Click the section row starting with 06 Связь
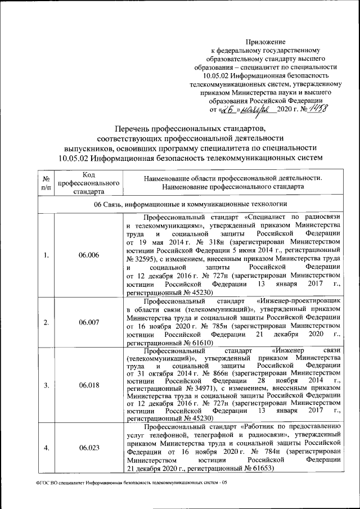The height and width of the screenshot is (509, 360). point(191,204)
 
